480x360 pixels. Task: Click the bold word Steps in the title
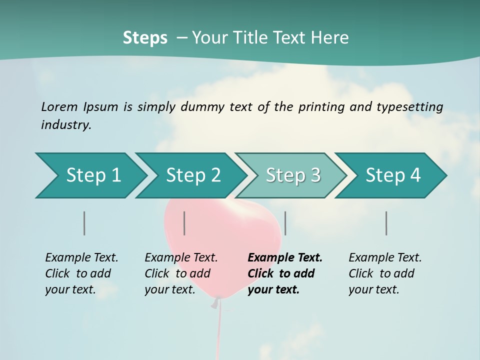point(145,37)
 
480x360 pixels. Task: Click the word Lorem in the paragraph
point(59,106)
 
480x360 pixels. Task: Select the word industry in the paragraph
point(66,125)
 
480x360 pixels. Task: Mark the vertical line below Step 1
point(84,223)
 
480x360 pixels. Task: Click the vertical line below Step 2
point(184,223)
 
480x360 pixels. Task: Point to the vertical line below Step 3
point(285,223)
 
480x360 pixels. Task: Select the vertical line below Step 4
point(386,223)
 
